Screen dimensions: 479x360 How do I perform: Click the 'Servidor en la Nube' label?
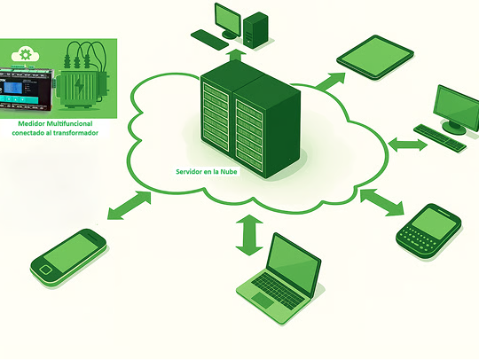pyautogui.click(x=207, y=172)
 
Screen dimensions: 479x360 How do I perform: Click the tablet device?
pyautogui.click(x=375, y=58)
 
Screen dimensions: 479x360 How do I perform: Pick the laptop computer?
pyautogui.click(x=279, y=279)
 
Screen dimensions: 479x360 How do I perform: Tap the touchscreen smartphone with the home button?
pyautogui.click(x=68, y=257)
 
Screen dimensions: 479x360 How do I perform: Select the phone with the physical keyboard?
pyautogui.click(x=428, y=231)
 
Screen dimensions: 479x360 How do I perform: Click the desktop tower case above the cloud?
pyautogui.click(x=255, y=30)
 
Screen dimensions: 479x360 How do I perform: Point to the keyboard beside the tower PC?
pyautogui.click(x=209, y=40)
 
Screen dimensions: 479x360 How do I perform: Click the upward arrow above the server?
pyautogui.click(x=236, y=55)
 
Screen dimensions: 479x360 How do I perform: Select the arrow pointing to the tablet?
pyautogui.click(x=331, y=82)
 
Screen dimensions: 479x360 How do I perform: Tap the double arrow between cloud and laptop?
pyautogui.click(x=249, y=235)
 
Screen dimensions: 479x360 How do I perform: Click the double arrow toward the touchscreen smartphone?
pyautogui.click(x=130, y=205)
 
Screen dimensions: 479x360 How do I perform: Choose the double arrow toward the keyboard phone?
pyautogui.click(x=381, y=202)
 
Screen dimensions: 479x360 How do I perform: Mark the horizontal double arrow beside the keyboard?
pyautogui.click(x=407, y=145)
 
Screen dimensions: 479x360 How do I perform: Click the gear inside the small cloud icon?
pyautogui.click(x=25, y=54)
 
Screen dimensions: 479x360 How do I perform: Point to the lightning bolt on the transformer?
pyautogui.click(x=80, y=86)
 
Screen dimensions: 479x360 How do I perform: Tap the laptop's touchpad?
pyautogui.click(x=263, y=300)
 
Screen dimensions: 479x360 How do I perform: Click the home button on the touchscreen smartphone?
pyautogui.click(x=46, y=270)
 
